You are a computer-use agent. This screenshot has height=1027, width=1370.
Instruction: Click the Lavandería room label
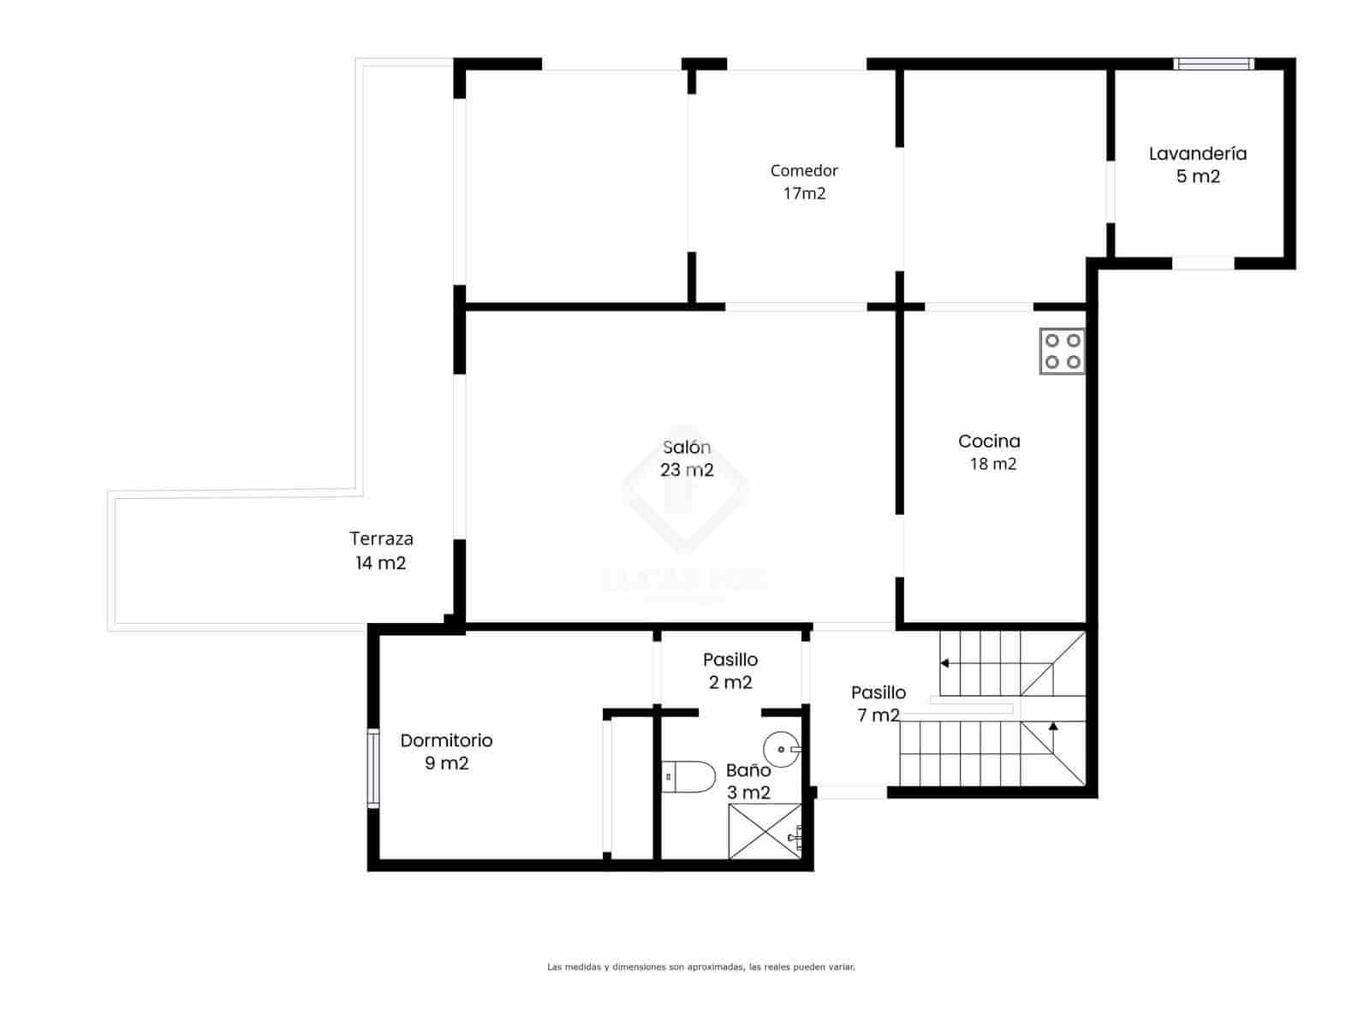1197,154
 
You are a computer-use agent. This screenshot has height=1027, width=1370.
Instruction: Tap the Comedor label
804,171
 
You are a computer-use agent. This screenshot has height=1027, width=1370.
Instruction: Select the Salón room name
687,447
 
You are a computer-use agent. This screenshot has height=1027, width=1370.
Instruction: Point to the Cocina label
989,442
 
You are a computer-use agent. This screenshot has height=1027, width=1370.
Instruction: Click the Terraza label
381,539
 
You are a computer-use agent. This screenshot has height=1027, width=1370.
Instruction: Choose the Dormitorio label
446,740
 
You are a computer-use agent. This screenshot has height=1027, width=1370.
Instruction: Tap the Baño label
748,770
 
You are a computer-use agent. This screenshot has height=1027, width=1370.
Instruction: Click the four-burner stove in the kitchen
1062,351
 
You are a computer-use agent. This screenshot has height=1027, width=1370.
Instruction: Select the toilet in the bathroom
689,776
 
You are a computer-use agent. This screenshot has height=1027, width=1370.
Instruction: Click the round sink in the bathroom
781,750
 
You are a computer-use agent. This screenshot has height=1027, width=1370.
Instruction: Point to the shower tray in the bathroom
765,830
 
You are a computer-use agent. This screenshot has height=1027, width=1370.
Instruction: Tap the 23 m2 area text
687,470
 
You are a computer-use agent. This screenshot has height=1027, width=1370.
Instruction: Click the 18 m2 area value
992,464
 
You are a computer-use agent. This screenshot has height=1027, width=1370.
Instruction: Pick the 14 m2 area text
380,563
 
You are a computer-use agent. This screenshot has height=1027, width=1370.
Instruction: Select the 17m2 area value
804,193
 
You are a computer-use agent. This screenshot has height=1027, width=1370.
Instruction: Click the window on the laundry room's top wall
1213,63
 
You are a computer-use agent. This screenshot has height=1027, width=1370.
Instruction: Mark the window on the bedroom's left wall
373,768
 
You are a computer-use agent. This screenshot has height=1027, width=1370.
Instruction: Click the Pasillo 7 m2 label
879,703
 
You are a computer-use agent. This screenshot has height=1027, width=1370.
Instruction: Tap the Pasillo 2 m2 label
730,671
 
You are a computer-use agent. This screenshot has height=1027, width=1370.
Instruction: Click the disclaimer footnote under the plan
701,967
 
